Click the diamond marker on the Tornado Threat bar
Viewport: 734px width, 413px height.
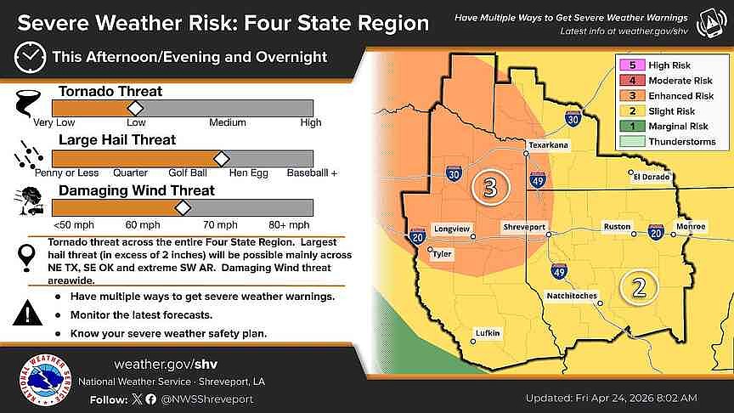click(134, 108)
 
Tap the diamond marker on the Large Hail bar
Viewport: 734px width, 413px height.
click(222, 158)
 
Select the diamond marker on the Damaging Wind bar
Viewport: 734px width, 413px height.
click(183, 208)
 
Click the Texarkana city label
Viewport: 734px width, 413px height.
click(546, 146)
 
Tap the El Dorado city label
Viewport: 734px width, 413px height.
click(652, 178)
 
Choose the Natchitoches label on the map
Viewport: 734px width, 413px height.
click(572, 296)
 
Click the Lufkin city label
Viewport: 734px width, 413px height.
click(488, 332)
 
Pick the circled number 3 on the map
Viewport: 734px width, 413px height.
click(489, 188)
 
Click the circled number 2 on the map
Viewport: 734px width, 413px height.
click(638, 287)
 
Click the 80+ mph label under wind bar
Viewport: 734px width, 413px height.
click(289, 225)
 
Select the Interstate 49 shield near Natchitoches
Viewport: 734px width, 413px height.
click(559, 272)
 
